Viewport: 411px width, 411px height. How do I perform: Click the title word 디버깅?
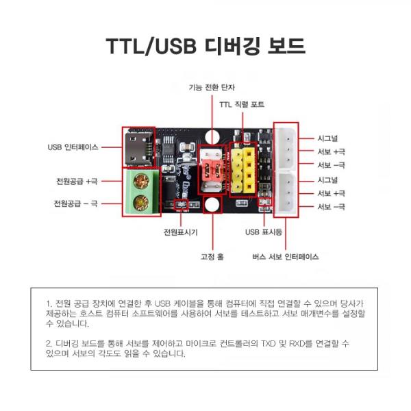pyautogui.click(x=230, y=46)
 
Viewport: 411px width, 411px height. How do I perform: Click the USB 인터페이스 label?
pyautogui.click(x=73, y=147)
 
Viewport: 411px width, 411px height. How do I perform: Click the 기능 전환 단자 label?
pyautogui.click(x=212, y=87)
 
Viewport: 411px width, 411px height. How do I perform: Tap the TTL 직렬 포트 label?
pyautogui.click(x=241, y=104)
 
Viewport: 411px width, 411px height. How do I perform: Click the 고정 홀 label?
pyautogui.click(x=212, y=257)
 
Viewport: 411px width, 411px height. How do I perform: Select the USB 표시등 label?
pyautogui.click(x=264, y=232)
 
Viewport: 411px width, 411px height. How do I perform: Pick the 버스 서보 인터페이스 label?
pyautogui.click(x=285, y=257)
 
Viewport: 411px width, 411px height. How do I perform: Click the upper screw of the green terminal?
pyautogui.click(x=142, y=182)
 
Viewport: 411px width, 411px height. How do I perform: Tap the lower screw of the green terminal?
pyautogui.click(x=142, y=202)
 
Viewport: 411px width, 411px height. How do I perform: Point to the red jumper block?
pyautogui.click(x=210, y=173)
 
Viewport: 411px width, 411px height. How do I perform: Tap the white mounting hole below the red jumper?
pyautogui.click(x=212, y=204)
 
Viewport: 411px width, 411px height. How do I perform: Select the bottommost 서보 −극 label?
pyautogui.click(x=331, y=207)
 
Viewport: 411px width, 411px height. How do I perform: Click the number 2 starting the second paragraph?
pyautogui.click(x=48, y=341)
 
